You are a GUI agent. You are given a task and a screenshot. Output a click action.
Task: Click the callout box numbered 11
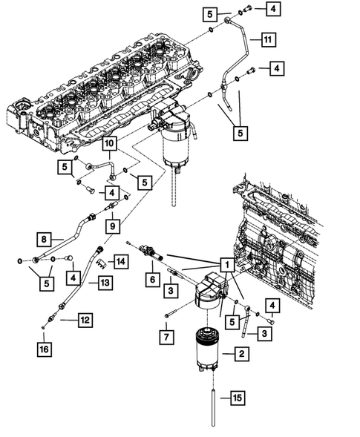click(268, 39)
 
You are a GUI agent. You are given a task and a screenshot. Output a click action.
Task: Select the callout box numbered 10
click(110, 143)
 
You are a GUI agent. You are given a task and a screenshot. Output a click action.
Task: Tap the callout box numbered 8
click(44, 239)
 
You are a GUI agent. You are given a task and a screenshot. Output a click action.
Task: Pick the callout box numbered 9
click(113, 226)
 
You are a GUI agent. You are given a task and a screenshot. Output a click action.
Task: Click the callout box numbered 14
click(121, 261)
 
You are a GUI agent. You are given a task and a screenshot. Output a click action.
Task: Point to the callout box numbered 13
click(105, 283)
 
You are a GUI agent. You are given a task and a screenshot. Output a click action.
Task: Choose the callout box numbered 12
click(85, 320)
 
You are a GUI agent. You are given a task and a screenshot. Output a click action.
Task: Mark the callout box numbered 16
click(45, 349)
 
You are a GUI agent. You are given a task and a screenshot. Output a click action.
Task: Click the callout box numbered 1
click(227, 264)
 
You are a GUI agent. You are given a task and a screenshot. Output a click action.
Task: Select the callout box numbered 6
click(153, 280)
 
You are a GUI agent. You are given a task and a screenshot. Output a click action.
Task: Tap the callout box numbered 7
click(166, 338)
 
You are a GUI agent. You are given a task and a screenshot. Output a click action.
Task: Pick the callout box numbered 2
click(241, 354)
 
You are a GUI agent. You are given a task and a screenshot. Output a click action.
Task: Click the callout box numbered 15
click(238, 398)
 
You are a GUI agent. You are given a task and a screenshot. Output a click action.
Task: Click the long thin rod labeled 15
click(213, 408)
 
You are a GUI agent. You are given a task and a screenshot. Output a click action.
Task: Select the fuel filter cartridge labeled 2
click(206, 349)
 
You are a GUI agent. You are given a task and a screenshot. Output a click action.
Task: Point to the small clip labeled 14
click(102, 263)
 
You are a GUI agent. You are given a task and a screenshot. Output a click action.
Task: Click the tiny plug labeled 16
click(43, 327)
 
